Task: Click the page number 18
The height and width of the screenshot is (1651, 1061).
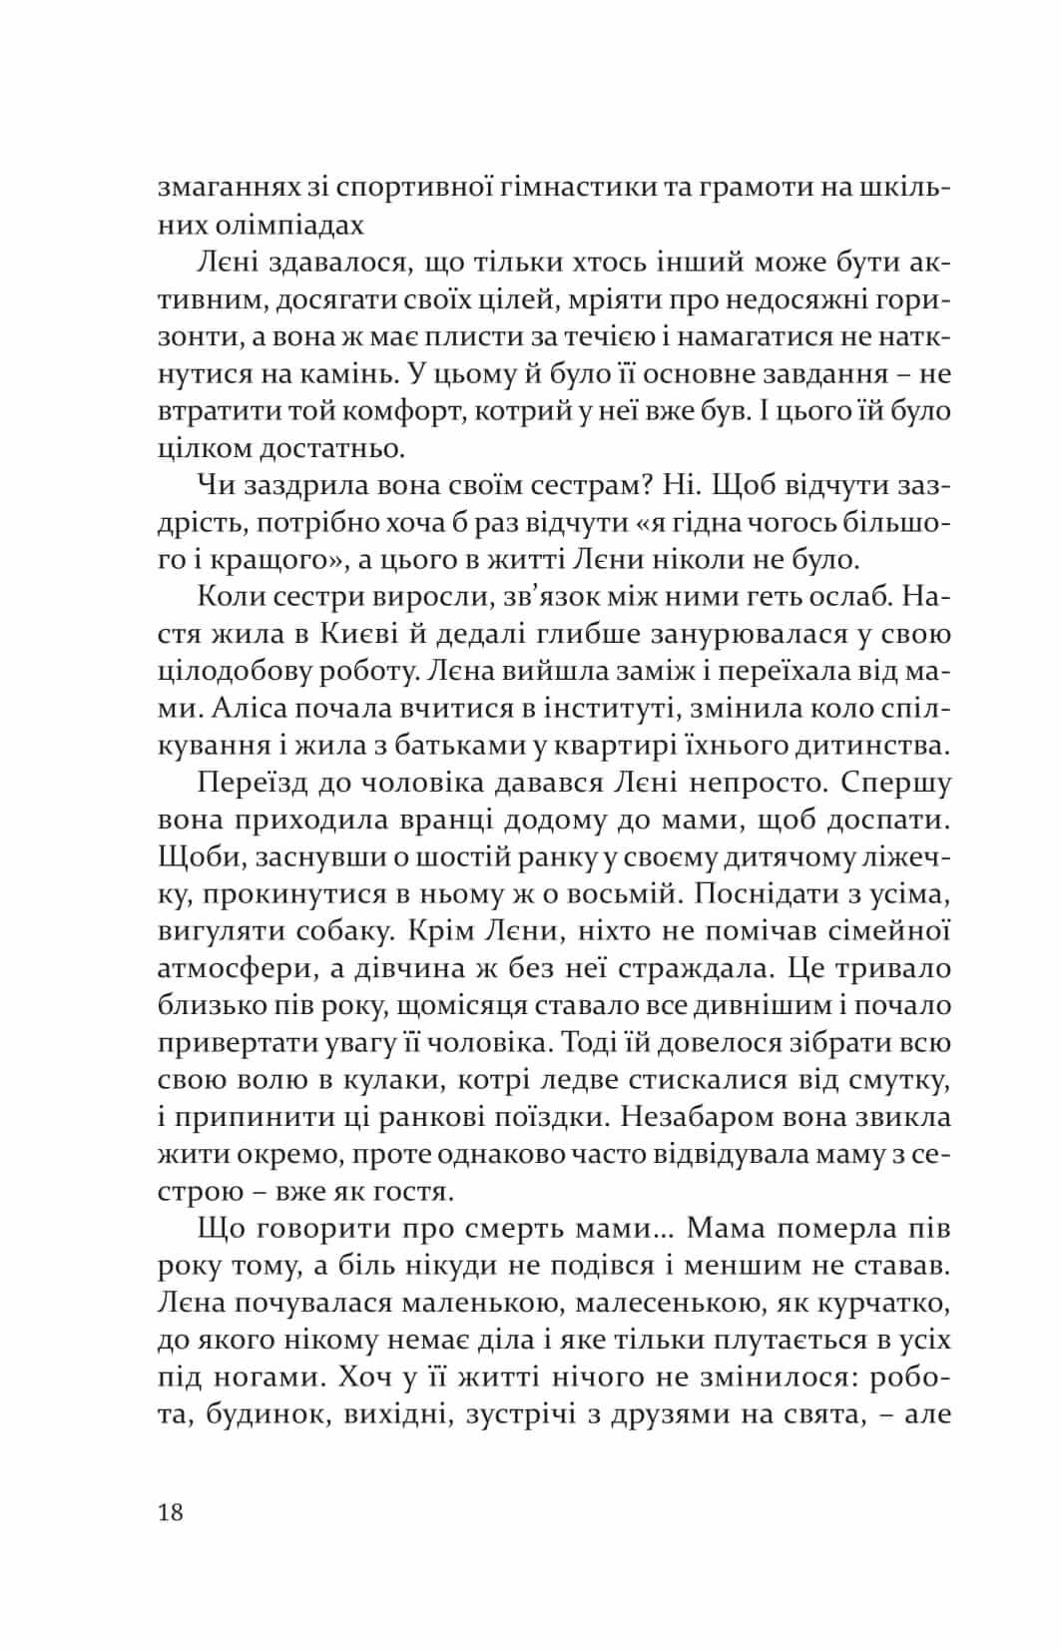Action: [x=171, y=1512]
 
